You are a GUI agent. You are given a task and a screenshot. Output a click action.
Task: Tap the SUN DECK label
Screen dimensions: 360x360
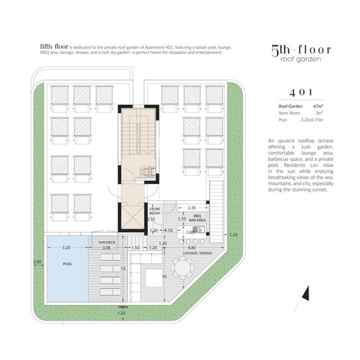tap(108, 241)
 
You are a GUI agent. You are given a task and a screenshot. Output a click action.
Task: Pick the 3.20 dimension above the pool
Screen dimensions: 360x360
tap(66, 248)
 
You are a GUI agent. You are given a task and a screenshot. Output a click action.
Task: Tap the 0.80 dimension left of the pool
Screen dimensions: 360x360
tap(37, 261)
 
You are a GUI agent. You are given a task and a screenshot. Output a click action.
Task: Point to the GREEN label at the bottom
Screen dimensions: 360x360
tap(122, 307)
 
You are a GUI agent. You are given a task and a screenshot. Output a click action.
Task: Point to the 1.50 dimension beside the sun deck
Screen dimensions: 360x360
tap(135, 248)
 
